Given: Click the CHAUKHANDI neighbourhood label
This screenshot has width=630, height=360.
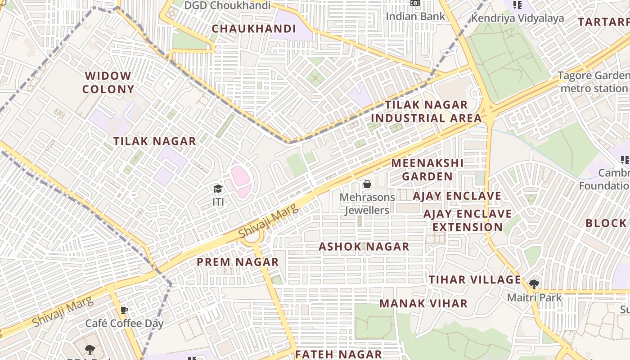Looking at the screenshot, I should tap(254, 29).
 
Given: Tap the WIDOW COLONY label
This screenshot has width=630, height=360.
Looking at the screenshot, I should tap(108, 82).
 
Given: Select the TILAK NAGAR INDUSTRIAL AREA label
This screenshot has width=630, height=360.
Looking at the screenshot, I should tap(426, 112).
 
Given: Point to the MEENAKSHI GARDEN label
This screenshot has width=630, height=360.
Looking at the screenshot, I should tap(427, 169).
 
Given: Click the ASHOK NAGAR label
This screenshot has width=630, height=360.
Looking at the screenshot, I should tap(364, 247).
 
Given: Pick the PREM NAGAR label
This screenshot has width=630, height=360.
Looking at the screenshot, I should tap(238, 262).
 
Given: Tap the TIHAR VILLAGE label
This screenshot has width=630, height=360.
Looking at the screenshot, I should tap(475, 279).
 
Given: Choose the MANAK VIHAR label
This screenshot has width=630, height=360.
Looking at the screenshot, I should tap(423, 303).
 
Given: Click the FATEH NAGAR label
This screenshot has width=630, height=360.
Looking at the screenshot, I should tap(338, 354).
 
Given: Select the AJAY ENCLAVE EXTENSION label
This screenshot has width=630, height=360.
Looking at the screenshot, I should tap(468, 220).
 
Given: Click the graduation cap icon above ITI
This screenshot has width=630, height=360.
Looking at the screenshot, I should tap(218, 189).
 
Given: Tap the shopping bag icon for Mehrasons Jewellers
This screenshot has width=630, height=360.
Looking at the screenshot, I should tap(367, 184).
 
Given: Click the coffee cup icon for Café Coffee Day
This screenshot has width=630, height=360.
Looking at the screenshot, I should tap(124, 310).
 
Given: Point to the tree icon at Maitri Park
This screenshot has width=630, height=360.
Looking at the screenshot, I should tap(534, 284).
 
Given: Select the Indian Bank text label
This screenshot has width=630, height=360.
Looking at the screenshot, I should tap(415, 16).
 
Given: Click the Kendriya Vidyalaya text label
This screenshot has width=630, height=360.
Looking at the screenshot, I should tap(517, 18).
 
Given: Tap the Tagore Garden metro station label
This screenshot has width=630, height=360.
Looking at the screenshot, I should tap(594, 82).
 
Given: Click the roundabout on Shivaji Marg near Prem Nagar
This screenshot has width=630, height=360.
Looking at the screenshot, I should tap(252, 235).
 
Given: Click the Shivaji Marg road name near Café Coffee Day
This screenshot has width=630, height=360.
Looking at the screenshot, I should tap(63, 312).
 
